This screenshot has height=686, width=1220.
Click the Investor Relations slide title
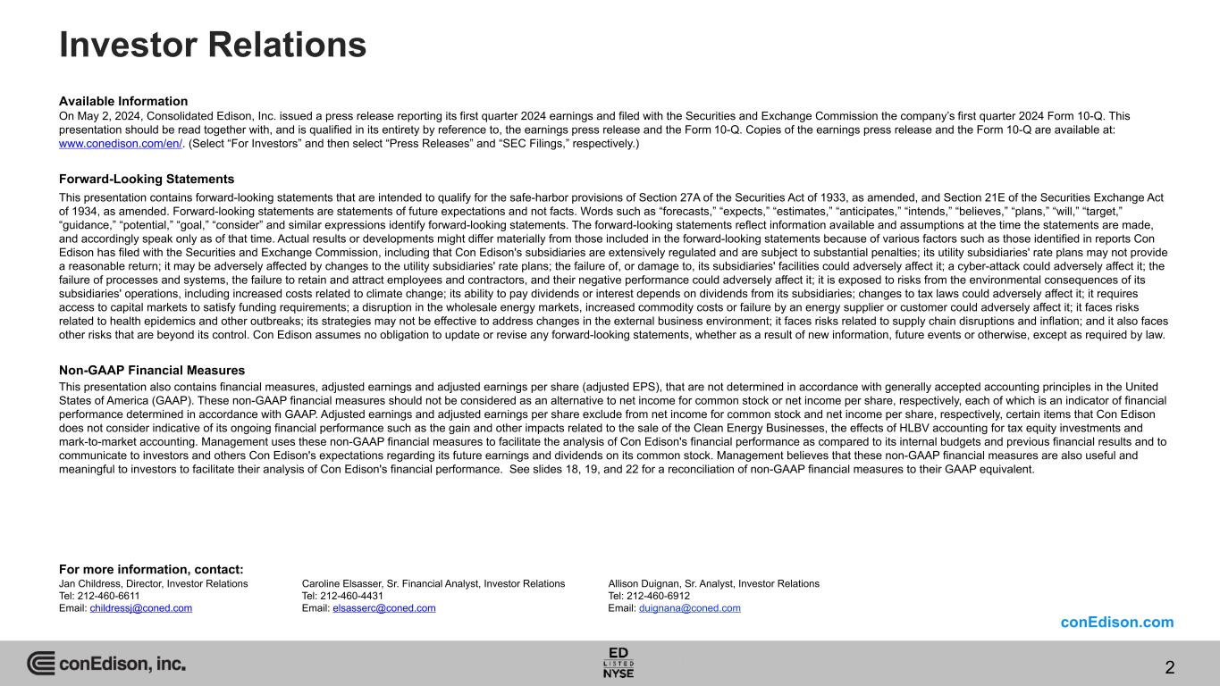coord(213,45)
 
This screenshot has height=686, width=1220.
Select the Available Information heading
coord(123,101)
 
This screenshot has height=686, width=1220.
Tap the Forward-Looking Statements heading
coord(147,179)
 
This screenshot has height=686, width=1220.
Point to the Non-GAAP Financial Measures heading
coord(152,370)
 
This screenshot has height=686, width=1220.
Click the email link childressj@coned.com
coord(140,608)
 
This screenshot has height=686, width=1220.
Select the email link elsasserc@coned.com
coord(383,608)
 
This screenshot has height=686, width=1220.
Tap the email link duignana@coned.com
coord(689,608)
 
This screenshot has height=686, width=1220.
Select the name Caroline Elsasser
coord(343,583)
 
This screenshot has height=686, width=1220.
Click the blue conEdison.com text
coord(1117,623)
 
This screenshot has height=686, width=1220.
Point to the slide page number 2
coord(1170,667)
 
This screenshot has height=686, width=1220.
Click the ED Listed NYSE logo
coord(618,662)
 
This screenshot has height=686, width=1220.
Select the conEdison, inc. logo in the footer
coord(106,664)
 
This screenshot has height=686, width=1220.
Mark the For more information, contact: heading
coord(151,570)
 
